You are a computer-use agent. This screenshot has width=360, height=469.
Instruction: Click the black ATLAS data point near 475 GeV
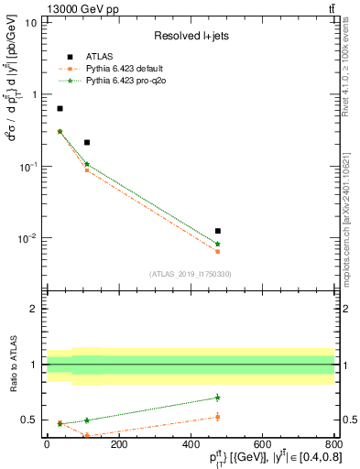tap(217, 231)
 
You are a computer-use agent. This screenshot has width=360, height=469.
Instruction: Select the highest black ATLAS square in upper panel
tap(60, 109)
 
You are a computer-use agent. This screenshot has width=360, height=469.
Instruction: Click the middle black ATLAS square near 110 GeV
tap(86, 142)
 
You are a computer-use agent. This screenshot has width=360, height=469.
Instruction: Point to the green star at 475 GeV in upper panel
tap(217, 244)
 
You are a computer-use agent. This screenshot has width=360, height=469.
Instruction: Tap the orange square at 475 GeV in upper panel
tap(217, 251)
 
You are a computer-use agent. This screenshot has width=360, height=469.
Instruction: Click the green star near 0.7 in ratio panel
tap(217, 398)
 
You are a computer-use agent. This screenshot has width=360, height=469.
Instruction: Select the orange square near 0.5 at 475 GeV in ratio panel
tap(217, 417)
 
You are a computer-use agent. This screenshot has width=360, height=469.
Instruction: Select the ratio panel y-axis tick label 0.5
tap(29, 420)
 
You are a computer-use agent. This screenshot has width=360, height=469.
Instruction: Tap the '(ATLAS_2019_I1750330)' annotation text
tap(191, 273)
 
